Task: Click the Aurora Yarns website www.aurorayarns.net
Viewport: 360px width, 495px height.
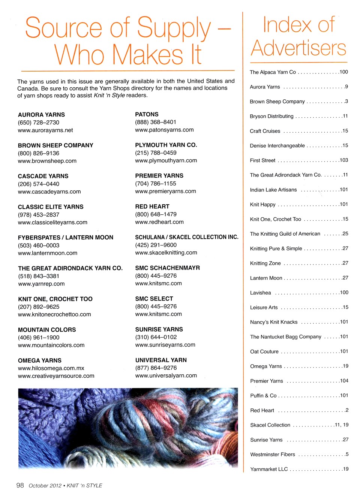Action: (45, 130)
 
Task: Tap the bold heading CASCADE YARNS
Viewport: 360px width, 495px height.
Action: (43, 176)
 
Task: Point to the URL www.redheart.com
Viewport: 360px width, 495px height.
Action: (159, 222)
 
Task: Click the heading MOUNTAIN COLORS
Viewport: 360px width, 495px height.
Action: (47, 330)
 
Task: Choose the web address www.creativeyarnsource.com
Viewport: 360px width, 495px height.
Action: (56, 376)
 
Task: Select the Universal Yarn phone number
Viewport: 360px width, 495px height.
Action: (156, 368)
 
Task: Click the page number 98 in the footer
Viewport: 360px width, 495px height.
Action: (20, 485)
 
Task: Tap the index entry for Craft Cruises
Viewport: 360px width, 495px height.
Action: (265, 131)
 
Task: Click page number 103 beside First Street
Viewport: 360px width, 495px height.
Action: (344, 160)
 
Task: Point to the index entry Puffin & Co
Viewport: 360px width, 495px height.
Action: (263, 396)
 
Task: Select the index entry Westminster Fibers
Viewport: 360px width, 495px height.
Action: (273, 455)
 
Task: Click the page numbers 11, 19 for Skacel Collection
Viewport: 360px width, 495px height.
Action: (342, 425)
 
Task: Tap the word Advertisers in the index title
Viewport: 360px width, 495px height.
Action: (298, 49)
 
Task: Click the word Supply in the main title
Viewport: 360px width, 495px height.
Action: (174, 28)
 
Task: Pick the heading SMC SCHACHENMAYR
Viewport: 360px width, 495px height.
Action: (168, 268)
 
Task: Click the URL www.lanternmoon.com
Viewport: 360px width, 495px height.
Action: (48, 253)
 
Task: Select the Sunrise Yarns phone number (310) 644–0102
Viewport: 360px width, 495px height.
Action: (156, 337)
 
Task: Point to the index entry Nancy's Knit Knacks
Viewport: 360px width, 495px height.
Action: (274, 322)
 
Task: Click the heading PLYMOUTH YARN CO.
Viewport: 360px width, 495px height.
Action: (166, 145)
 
